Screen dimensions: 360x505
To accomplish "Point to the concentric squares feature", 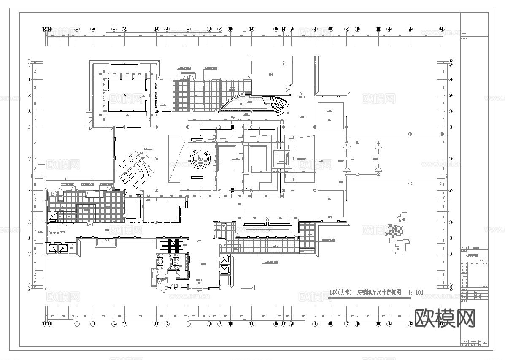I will tap(281, 159).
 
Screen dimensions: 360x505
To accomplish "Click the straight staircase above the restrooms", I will tap(171, 245).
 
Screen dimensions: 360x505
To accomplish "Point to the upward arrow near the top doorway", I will tap(301, 93).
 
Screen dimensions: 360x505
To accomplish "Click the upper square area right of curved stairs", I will tap(330, 113).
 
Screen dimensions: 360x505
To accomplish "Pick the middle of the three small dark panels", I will tap(157, 94).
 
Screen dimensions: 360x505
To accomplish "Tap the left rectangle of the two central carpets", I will tap(227, 158).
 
